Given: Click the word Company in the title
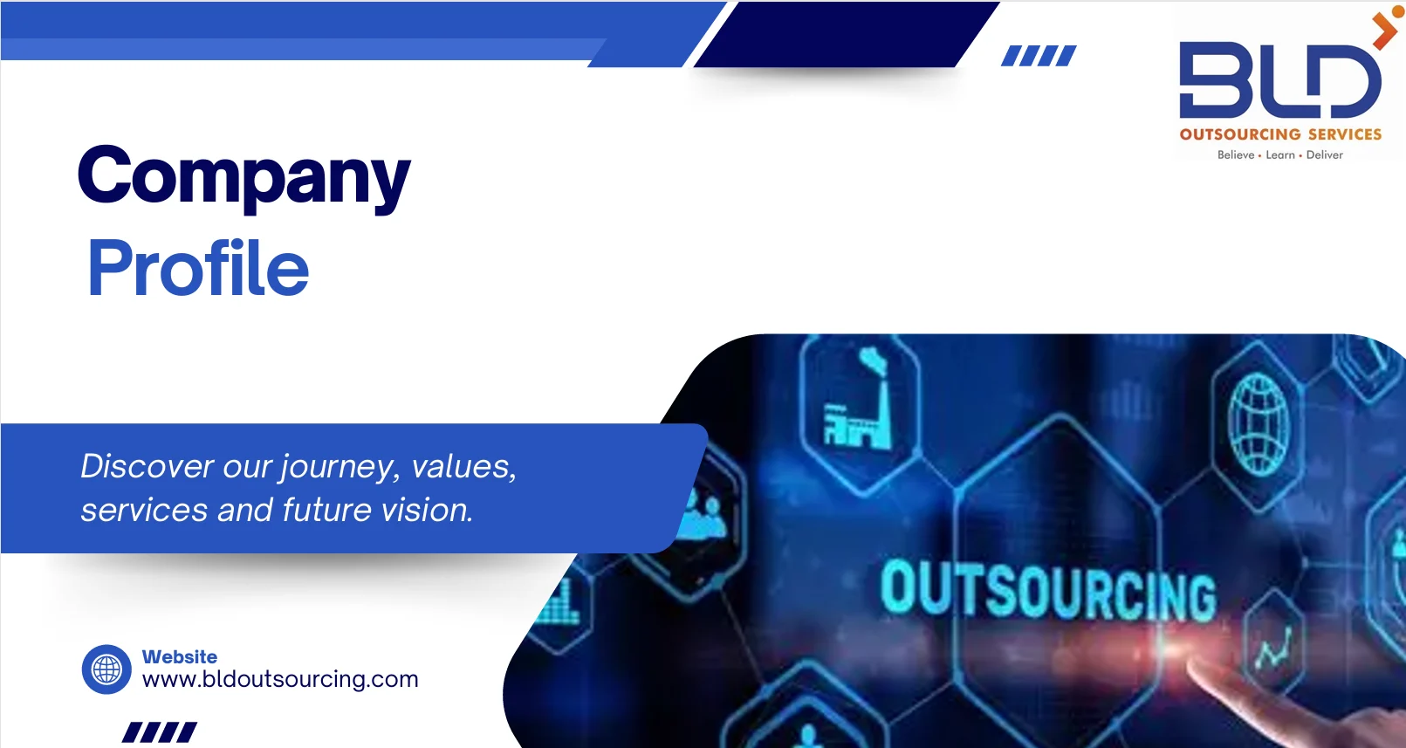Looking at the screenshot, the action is (x=244, y=176).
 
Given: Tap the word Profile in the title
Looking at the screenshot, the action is (x=198, y=268).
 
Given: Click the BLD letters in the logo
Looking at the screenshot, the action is (x=1279, y=79).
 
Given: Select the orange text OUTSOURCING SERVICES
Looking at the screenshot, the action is (x=1280, y=134).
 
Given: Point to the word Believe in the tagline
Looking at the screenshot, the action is (x=1235, y=155).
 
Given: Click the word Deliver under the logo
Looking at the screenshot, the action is (x=1325, y=155).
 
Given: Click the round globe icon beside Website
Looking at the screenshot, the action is (x=106, y=669).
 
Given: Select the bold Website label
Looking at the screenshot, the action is (x=180, y=656).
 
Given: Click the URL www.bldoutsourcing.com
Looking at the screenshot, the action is (x=280, y=680).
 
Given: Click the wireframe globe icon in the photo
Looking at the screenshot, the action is (x=1259, y=424).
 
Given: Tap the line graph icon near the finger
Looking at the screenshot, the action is (x=1274, y=648).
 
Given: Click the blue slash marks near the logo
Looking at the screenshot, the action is (x=1039, y=56).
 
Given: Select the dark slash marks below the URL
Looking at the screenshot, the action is (x=160, y=731).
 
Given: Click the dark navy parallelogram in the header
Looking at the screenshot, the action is (x=846, y=34).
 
